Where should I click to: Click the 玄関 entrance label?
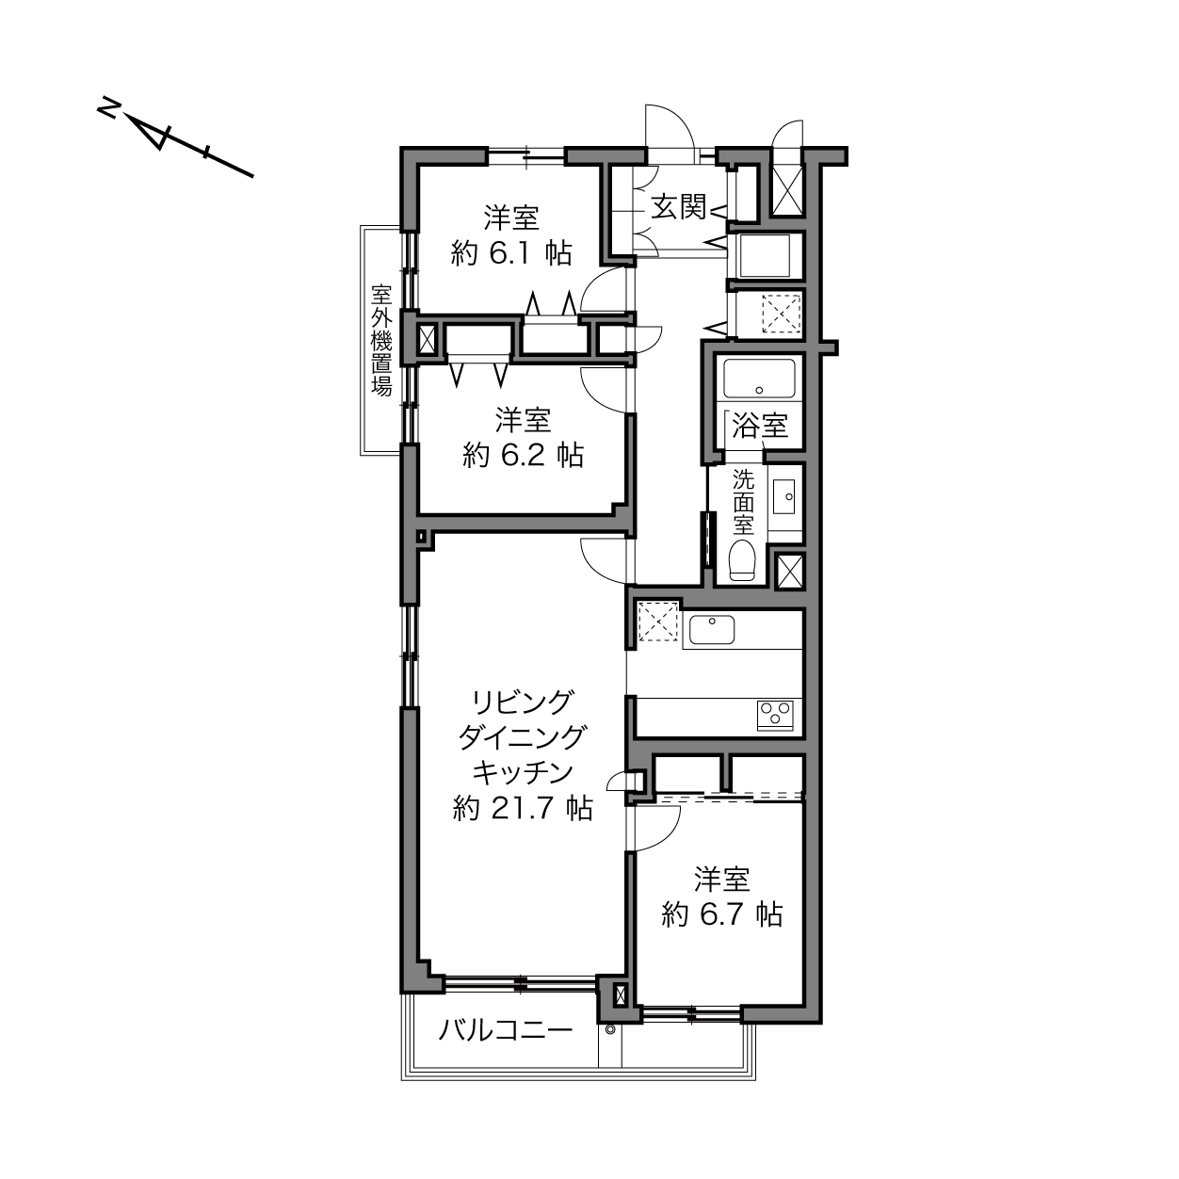677,207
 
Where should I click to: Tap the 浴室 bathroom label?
759,426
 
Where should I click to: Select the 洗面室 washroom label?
744,502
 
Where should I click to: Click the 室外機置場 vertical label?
381,340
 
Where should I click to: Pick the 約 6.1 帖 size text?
511,252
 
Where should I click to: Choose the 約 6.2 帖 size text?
524,455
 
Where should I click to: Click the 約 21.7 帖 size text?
524,809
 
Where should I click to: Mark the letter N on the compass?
109,108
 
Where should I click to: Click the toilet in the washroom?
743,559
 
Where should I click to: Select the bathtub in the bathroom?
759,380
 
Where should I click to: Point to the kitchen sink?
712,630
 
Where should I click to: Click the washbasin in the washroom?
783,496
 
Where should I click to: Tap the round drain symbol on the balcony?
609,1029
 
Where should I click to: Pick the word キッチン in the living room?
524,773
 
